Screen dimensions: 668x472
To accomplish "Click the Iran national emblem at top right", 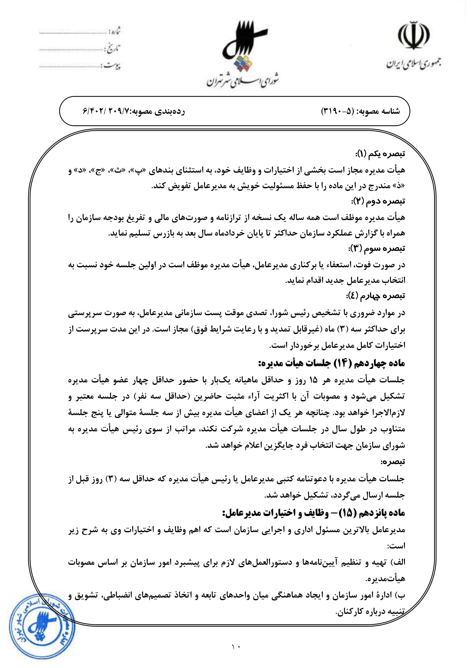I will (413, 35).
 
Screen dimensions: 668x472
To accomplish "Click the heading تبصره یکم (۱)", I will (380, 154).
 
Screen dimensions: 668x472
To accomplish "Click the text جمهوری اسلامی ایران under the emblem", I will (413, 64).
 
